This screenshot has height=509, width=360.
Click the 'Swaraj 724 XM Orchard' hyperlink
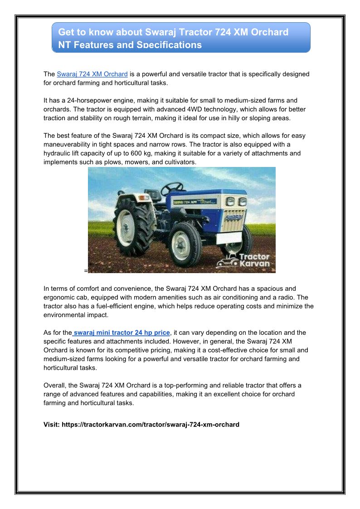click(92, 74)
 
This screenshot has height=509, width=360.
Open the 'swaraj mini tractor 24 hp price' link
click(121, 333)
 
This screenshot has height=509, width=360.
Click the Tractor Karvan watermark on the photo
click(245, 260)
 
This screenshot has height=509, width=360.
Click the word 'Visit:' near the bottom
click(51, 425)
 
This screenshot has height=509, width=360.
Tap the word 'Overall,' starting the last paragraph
click(55, 385)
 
